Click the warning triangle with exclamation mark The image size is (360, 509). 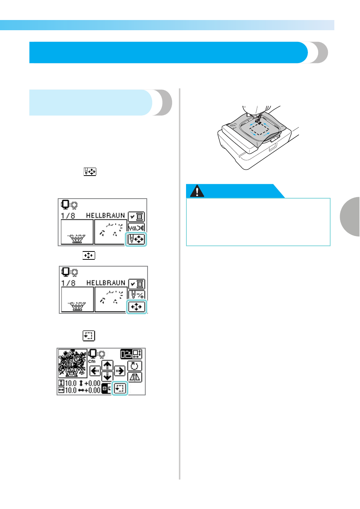pos(197,191)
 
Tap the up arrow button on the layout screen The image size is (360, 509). pos(107,366)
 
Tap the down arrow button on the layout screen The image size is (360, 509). pos(107,376)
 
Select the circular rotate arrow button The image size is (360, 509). pos(135,366)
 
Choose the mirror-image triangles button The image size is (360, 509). pos(135,377)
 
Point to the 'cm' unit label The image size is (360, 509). pos(92,361)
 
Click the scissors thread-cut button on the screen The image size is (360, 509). pos(136,227)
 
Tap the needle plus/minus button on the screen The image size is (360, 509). pos(137,295)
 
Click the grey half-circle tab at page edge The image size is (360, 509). pos(350,217)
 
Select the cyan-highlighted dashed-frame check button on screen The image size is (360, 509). pos(120,388)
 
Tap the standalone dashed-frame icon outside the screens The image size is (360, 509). pos(89,336)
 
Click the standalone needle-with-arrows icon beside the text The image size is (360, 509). pos(90,171)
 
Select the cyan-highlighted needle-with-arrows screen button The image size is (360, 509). pos(136,239)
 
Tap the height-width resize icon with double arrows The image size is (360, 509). pos(137,354)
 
